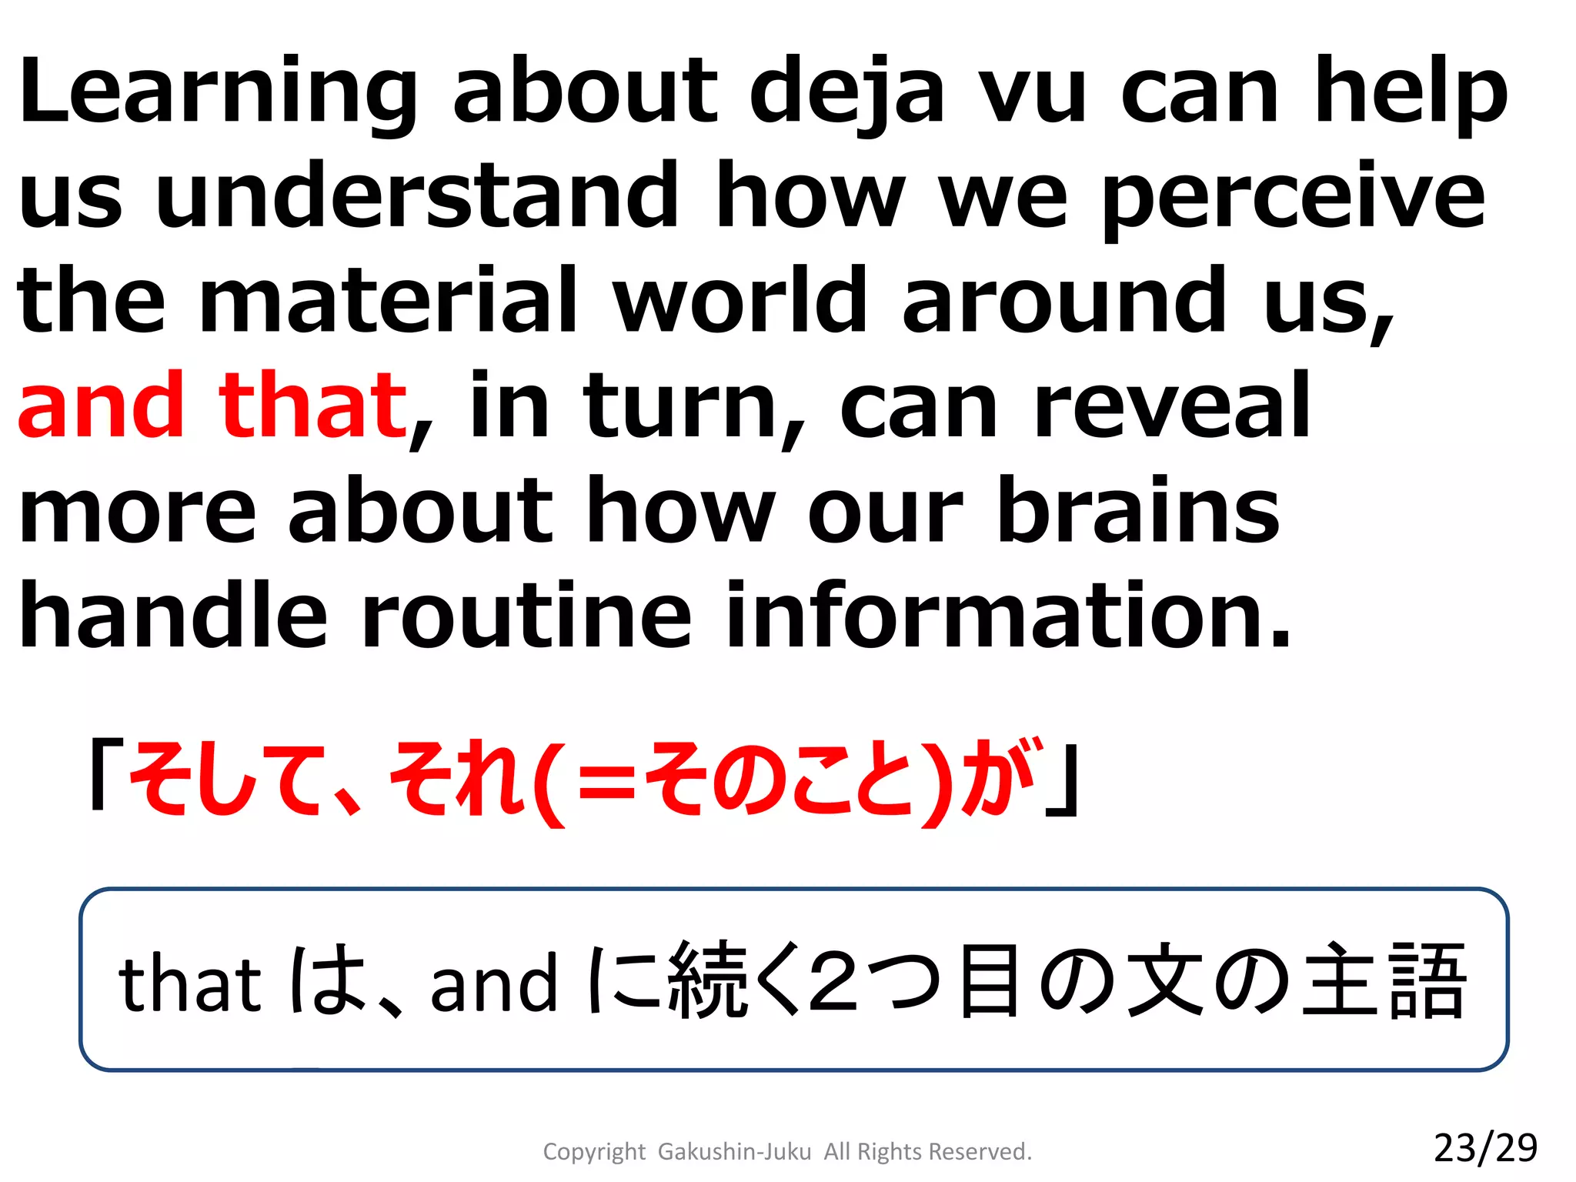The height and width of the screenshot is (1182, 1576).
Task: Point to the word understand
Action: pyautogui.click(x=417, y=196)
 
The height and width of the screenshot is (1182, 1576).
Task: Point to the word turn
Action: pyautogui.click(x=681, y=406)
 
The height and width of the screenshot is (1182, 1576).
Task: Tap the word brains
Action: pyautogui.click(x=1139, y=509)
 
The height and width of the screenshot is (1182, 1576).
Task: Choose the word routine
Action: pyautogui.click(x=526, y=616)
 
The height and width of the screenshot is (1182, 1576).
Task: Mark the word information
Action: pyautogui.click(x=1008, y=616)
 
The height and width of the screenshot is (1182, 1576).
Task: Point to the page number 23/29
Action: pyautogui.click(x=1485, y=1147)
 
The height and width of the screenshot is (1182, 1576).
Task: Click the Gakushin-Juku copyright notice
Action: pyautogui.click(x=786, y=1151)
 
